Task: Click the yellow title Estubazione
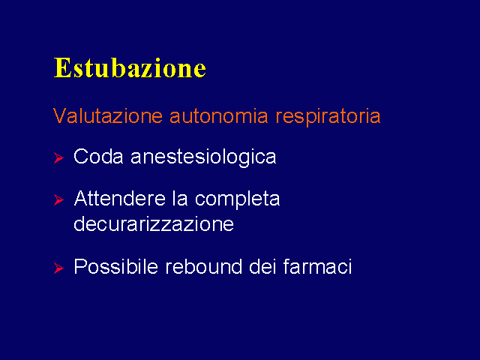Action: coord(130,67)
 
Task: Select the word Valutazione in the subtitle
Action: coord(108,115)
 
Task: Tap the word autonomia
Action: coord(218,116)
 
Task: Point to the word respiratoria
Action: coord(328,117)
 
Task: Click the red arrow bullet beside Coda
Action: coord(58,157)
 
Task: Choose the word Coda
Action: coord(98,157)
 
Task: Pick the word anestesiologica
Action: coord(203,157)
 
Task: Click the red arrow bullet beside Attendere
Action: coord(58,199)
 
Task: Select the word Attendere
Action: coord(120,198)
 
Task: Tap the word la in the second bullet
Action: coord(180,198)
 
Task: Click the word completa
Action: coord(237,199)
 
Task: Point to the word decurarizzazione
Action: coord(154,223)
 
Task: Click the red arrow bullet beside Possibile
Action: coord(58,268)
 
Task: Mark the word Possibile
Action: coord(115,266)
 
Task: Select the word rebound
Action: coord(203,266)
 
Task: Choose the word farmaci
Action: coord(317,266)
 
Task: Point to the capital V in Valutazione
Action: coord(60,115)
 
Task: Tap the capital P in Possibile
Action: coord(79,266)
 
